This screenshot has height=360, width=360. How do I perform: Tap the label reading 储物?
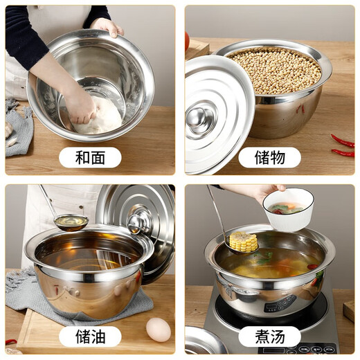coord(269,157)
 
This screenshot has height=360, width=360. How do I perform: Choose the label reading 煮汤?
coord(269,337)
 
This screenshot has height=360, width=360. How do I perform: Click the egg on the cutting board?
coord(159,330)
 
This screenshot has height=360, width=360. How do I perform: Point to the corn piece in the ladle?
coord(244,242)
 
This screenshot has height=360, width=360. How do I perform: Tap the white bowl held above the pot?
coord(288,209)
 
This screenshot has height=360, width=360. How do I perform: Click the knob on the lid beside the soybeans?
coord(201,117)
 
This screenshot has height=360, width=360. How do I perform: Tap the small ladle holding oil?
coord(71,222)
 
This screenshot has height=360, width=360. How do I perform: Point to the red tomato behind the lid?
coord(187,42)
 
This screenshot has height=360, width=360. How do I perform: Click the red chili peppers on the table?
coord(343,145)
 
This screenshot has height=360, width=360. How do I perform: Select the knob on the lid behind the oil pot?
coord(139,222)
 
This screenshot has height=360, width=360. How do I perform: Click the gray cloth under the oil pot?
coord(28,291)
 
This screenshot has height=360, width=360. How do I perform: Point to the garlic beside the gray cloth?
coord(9,132)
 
